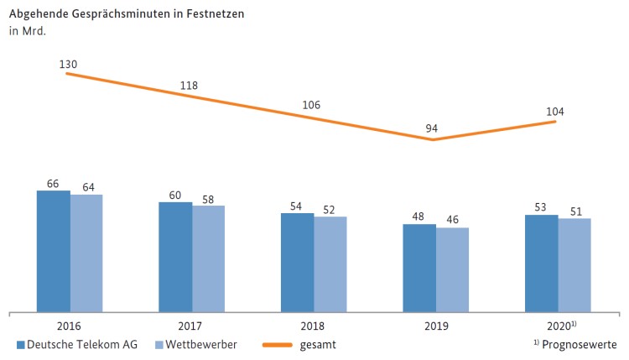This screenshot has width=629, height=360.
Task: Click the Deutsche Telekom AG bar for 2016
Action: point(54,251)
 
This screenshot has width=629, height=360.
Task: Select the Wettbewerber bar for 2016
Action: point(86,253)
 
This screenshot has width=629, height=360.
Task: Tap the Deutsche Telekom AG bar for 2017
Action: point(175,257)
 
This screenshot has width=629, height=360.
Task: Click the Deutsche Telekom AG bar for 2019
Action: point(419,268)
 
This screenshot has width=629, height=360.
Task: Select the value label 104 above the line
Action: point(554,111)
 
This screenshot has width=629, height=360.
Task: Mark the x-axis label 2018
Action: point(314,326)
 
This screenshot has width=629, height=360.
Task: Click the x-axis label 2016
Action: point(70,326)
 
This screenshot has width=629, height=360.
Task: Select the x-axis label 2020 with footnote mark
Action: point(559,326)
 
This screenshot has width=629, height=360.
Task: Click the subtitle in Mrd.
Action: point(28,32)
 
